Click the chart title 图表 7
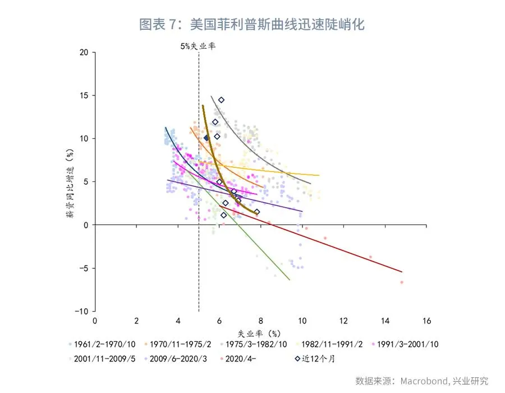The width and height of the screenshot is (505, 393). [x=252, y=25]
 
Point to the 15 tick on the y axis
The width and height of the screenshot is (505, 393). [x=85, y=95]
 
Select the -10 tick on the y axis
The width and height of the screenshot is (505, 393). [x=82, y=311]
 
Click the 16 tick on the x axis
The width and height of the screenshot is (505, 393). [x=426, y=321]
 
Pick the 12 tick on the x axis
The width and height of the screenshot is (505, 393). [x=343, y=321]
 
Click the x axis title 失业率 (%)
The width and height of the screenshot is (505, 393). [x=259, y=333]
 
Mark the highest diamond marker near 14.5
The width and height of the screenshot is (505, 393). [x=221, y=100]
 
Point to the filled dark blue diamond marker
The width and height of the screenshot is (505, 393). [x=206, y=138]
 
